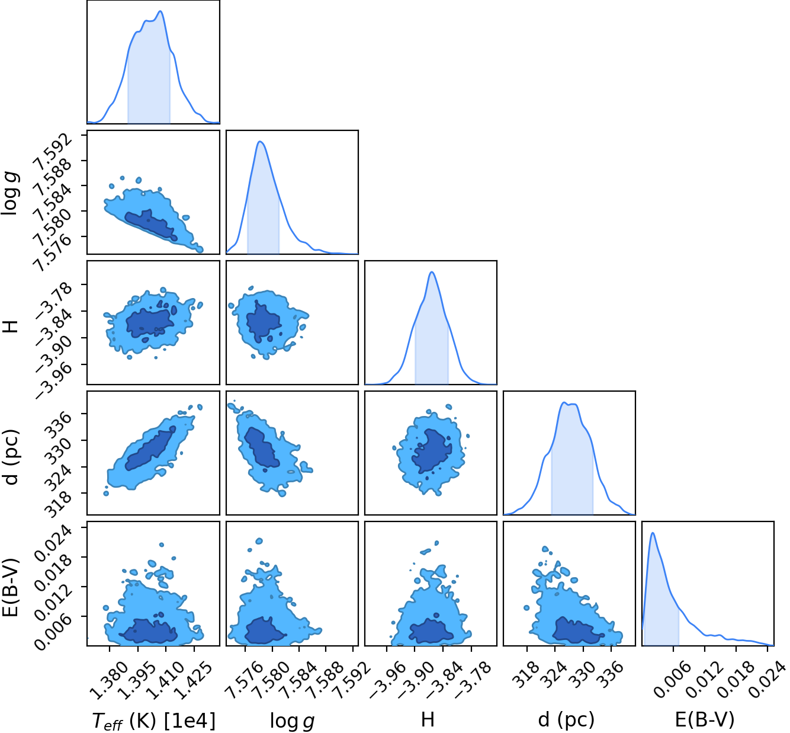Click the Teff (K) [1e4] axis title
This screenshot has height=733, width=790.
click(x=154, y=720)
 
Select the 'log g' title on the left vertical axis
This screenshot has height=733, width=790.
click(x=9, y=193)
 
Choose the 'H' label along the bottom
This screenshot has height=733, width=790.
click(x=428, y=719)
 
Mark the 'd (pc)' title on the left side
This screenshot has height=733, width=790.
click(x=11, y=457)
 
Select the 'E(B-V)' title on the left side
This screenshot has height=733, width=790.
click(x=11, y=587)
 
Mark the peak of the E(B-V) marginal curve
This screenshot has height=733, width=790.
click(x=653, y=533)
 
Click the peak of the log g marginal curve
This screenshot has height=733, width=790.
click(x=260, y=142)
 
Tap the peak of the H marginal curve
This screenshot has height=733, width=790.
click(x=432, y=272)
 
